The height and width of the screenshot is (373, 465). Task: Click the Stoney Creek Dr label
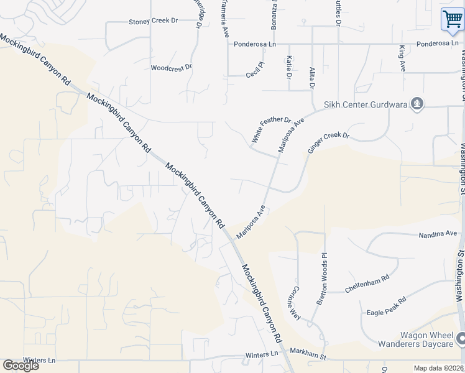[x=153, y=21]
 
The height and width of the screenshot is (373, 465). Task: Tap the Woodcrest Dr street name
[x=172, y=68]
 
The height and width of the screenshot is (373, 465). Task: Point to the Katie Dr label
[x=289, y=67]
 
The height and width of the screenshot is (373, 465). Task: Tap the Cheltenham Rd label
[x=367, y=283]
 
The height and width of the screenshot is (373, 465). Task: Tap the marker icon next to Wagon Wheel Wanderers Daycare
[x=461, y=339]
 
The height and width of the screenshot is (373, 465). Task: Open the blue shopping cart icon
[x=451, y=19]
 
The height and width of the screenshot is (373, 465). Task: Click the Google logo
[x=21, y=366]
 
